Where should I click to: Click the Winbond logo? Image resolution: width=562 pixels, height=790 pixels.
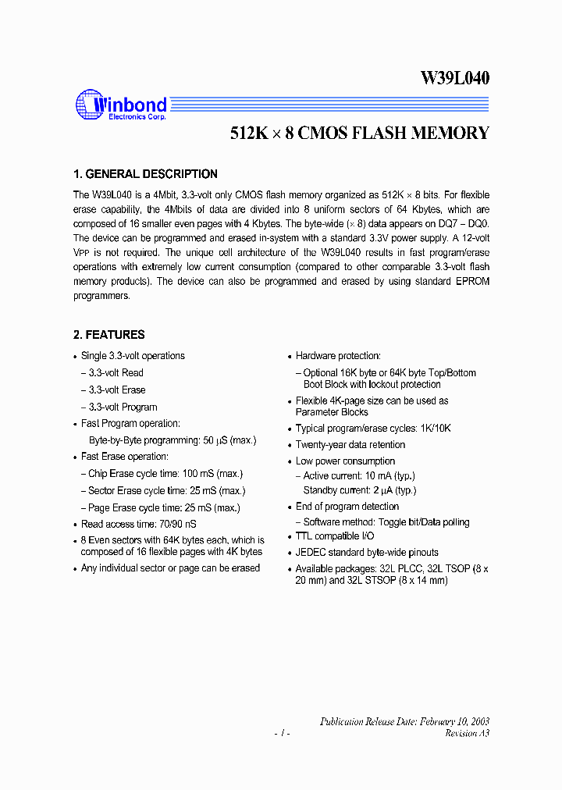tap(121, 104)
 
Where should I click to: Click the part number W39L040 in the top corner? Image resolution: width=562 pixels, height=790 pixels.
tap(455, 78)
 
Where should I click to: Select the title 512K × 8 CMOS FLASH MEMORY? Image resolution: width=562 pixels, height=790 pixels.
tap(360, 133)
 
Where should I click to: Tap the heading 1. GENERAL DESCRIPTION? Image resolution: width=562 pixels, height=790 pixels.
tap(145, 174)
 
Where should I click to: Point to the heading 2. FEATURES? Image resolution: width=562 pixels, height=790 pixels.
tap(109, 335)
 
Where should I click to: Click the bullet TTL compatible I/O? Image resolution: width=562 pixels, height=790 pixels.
tap(335, 536)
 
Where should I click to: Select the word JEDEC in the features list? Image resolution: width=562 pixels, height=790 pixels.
tap(311, 553)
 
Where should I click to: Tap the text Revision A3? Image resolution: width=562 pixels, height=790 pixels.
tap(467, 734)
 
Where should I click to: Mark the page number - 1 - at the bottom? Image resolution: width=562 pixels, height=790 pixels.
tap(282, 735)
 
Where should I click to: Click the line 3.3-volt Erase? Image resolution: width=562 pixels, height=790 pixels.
tap(116, 390)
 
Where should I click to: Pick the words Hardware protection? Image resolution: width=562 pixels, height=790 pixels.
tap(338, 356)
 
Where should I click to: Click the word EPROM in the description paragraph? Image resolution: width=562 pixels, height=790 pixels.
tap(473, 282)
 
